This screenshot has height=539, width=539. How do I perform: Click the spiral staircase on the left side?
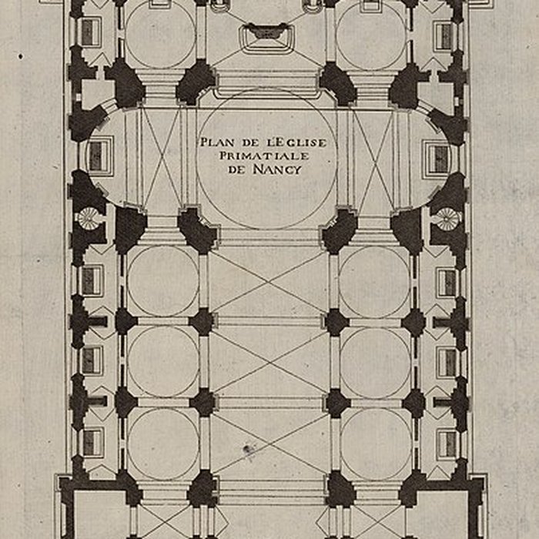coord(88,219)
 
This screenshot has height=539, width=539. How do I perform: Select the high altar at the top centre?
coord(266,33)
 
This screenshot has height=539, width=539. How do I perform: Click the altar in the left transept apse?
coord(98,157)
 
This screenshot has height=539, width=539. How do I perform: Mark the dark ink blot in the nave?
coord(249,449)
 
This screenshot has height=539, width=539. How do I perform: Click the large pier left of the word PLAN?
coord(195,82)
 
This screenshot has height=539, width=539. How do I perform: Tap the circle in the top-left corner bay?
coord(160,35)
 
